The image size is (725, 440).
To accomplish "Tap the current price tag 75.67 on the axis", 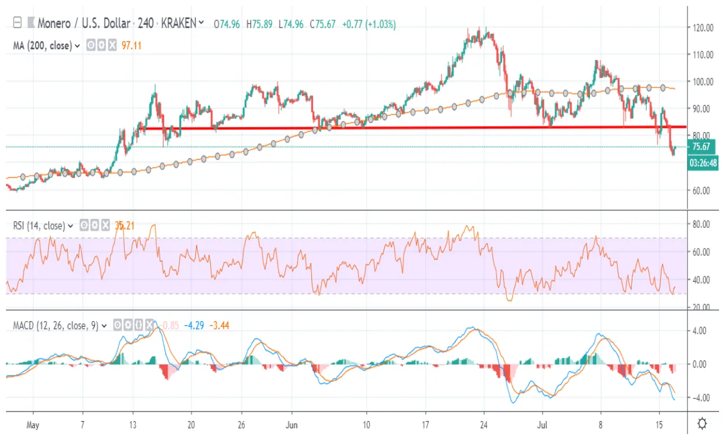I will [702, 146].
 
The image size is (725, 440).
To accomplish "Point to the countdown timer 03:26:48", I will [702, 162].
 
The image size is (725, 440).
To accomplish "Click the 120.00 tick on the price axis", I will [703, 27].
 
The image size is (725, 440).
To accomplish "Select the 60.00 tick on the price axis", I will [703, 190].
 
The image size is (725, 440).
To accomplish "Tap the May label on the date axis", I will [33, 425].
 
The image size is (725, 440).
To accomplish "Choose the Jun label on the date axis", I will [292, 425].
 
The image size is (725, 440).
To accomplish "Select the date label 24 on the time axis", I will [484, 425].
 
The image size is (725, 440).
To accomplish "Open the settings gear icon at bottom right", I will [702, 424].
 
